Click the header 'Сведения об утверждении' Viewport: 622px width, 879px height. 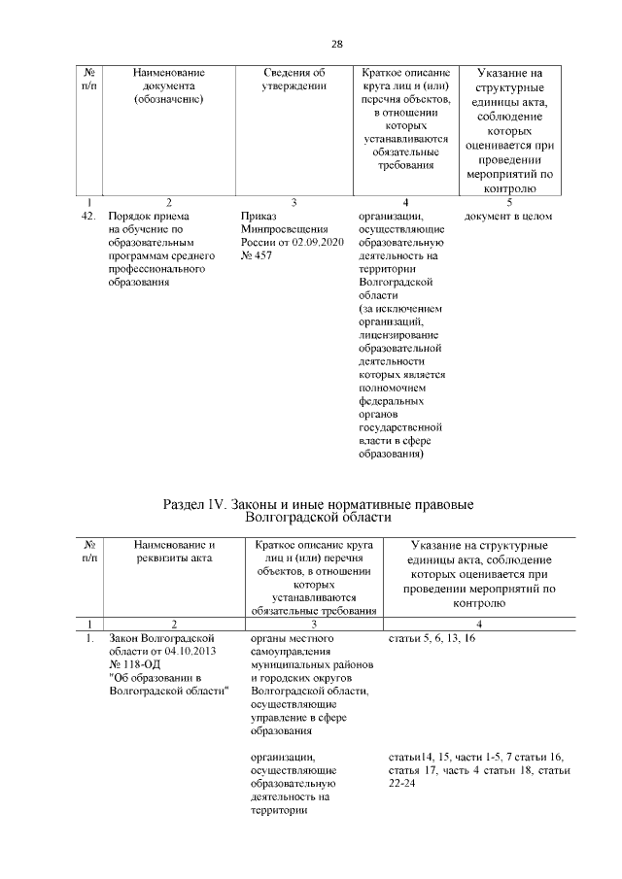coord(294,79)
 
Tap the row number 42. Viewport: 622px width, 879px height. coord(88,216)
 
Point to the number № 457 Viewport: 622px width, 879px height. coord(256,255)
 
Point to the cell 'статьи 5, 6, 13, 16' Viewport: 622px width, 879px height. coord(432,638)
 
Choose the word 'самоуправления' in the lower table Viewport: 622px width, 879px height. coord(291,651)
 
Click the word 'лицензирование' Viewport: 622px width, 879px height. coord(394,333)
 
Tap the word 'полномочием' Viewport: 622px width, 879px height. coord(391,387)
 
